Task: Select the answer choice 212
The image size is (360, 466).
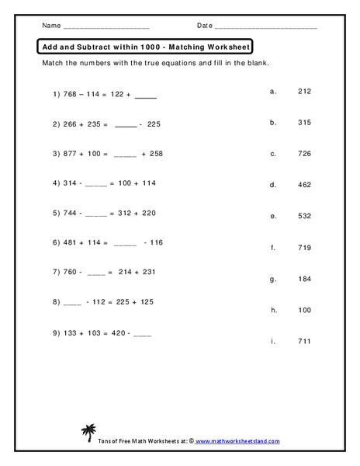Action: pos(303,91)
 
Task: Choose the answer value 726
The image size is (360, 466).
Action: pos(303,154)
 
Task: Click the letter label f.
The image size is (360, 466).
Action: pos(273,248)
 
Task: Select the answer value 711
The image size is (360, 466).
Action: pos(303,341)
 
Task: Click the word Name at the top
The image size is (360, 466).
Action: pos(50,26)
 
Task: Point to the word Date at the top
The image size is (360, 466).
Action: pos(204,26)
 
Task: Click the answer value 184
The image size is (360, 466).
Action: pos(303,278)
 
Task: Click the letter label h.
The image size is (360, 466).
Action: pos(273,310)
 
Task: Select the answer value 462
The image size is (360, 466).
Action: pos(303,185)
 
